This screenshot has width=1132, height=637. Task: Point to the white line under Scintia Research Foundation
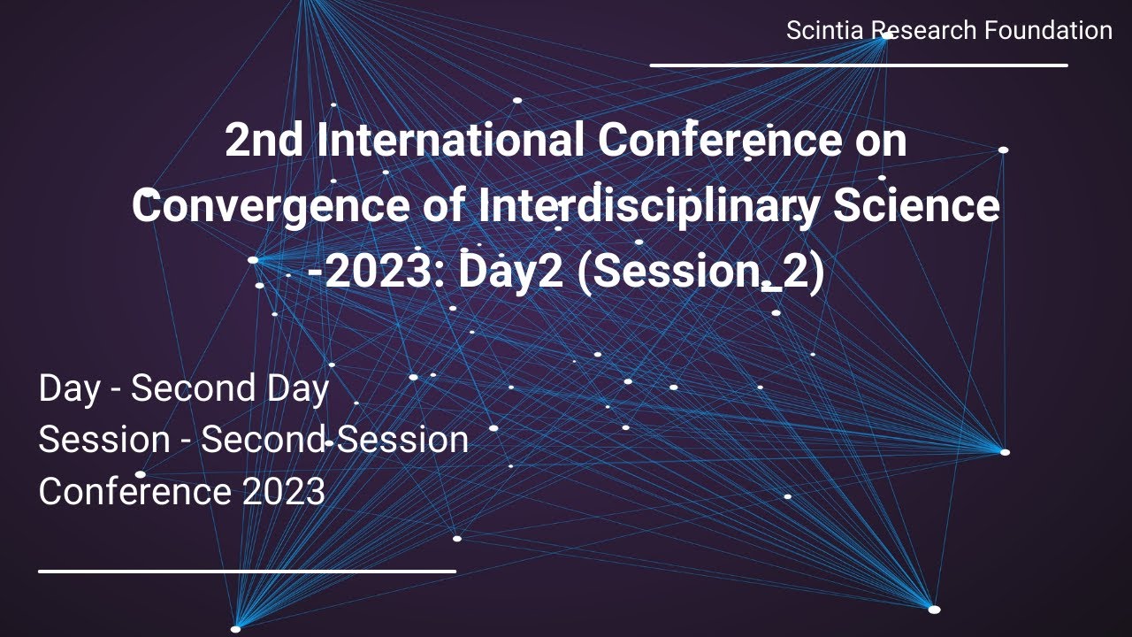click(x=859, y=65)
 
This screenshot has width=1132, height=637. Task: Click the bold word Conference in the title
click(x=712, y=141)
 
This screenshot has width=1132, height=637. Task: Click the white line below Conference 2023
click(x=247, y=571)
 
